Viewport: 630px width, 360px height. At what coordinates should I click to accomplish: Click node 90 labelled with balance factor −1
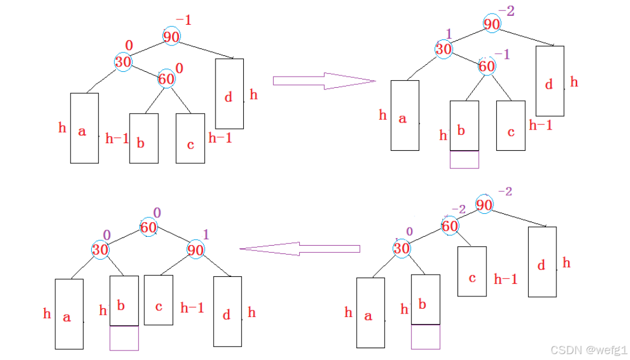(171, 37)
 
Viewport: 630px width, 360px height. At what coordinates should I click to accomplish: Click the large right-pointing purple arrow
(324, 81)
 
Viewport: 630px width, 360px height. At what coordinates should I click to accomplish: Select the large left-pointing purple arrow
(300, 249)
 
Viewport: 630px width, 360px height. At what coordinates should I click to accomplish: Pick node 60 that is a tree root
(149, 226)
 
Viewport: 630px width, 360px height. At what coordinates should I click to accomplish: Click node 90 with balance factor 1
(195, 249)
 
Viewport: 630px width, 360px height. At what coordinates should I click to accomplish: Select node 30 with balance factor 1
(444, 49)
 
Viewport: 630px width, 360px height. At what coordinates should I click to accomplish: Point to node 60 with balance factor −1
(487, 66)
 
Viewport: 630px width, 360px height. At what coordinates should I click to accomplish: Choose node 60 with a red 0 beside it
(166, 78)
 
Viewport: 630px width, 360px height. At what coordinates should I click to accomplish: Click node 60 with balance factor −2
(450, 226)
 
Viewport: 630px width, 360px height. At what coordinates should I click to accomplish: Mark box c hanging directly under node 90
(158, 300)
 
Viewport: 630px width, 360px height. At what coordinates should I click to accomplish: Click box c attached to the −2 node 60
(472, 271)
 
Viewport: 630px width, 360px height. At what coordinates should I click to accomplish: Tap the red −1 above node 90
(184, 21)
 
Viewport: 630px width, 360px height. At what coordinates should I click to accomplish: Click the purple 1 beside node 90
(205, 235)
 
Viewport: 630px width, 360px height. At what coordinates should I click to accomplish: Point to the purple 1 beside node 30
(448, 34)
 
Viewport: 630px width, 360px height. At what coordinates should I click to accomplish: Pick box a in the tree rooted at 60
(69, 313)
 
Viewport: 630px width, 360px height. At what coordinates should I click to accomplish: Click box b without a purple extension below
(143, 138)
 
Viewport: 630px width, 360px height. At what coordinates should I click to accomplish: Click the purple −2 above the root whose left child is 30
(505, 11)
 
